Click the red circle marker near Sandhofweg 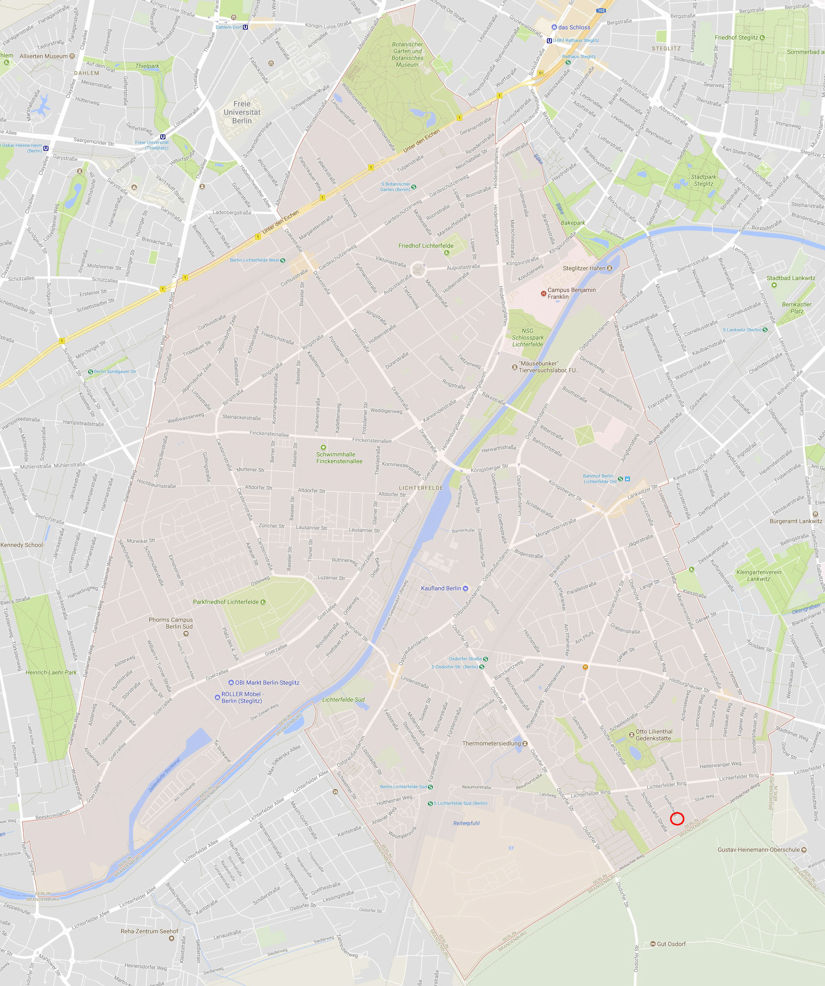(x=677, y=819)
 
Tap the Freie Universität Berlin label (x=242, y=112)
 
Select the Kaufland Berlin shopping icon (x=465, y=588)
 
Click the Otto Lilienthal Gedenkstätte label (x=654, y=735)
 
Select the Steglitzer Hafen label (x=584, y=268)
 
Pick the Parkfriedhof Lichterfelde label (x=225, y=602)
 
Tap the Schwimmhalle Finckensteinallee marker (x=323, y=448)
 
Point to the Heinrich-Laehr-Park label (x=51, y=672)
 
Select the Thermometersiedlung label (x=492, y=743)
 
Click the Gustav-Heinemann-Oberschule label (x=758, y=850)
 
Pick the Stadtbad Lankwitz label (x=791, y=278)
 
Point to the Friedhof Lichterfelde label (x=426, y=246)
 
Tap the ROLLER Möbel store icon (x=216, y=697)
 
